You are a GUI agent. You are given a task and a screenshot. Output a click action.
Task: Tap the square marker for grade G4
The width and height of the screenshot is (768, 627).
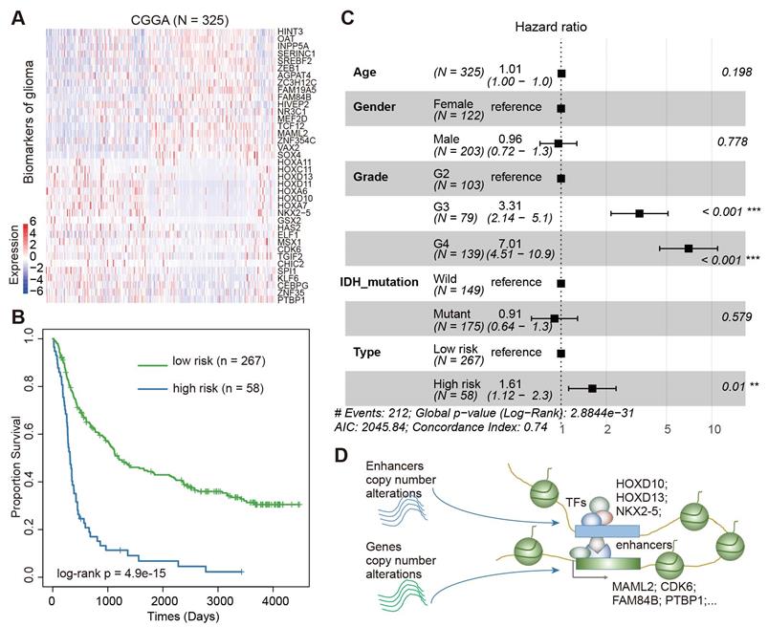pos(689,248)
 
